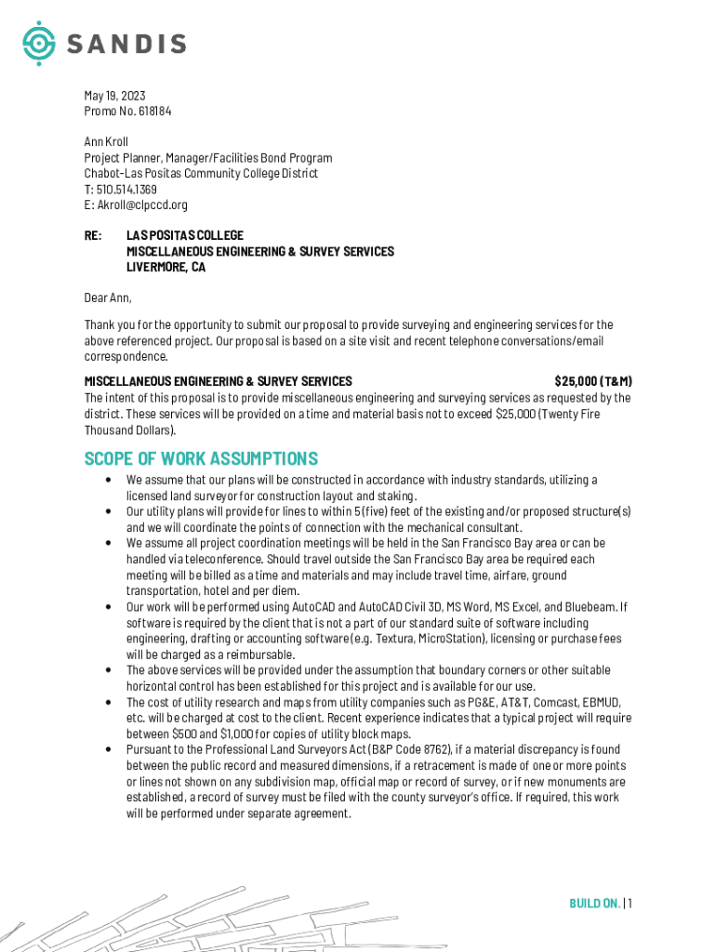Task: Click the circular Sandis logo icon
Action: tap(39, 43)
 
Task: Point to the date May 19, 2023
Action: tap(114, 96)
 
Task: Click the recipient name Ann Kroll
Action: tap(106, 142)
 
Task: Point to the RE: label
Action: tap(93, 236)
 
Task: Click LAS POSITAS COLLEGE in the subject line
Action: tap(185, 236)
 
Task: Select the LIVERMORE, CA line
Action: tap(166, 268)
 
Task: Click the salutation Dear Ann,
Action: tap(108, 298)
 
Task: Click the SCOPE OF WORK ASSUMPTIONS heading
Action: tap(201, 459)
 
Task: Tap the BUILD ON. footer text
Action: tap(594, 903)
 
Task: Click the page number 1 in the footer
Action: tap(630, 903)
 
